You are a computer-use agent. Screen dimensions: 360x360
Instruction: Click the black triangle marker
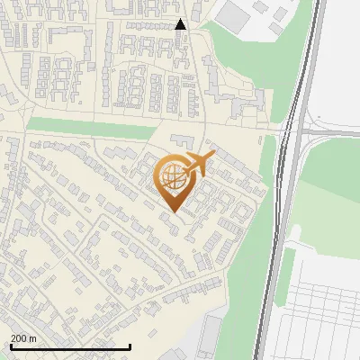[x=181, y=24]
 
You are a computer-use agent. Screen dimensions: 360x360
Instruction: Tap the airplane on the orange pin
[x=198, y=164]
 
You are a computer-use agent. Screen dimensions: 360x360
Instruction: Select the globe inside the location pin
[x=172, y=177]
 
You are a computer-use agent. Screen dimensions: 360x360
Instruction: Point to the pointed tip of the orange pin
[x=172, y=211]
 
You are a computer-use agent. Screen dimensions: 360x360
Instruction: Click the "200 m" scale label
[x=23, y=338]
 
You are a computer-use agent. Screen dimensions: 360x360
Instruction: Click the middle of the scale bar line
[x=70, y=346]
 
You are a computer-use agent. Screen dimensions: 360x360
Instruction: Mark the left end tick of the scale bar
[x=11, y=346]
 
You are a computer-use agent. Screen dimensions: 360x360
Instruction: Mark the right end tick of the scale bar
[x=130, y=346]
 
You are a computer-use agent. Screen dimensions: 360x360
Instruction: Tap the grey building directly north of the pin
[x=181, y=142]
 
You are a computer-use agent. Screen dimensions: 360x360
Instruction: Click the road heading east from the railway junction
[x=337, y=132]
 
